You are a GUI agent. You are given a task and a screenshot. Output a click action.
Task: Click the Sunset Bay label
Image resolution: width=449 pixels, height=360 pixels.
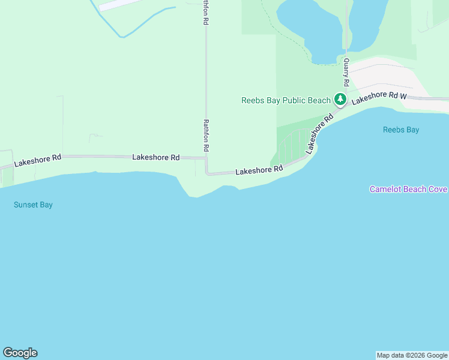33,205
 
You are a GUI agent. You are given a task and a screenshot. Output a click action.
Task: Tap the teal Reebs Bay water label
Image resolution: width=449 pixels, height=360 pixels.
401,130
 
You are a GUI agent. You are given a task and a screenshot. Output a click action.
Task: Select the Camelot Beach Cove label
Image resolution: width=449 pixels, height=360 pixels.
408,189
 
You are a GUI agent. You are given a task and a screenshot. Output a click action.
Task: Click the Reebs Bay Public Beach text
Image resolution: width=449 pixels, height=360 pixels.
286,100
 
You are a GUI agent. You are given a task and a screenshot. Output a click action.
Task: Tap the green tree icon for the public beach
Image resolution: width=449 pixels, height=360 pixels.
340,99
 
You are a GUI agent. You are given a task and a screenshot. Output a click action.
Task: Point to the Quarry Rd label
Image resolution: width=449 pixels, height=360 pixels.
346,71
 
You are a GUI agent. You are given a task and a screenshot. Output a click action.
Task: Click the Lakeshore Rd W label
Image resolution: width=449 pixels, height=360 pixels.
379,98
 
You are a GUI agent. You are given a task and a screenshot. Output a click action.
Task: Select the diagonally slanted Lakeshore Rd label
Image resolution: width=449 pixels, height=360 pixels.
319,134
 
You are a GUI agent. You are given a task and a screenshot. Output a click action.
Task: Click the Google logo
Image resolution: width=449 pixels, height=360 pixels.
20,353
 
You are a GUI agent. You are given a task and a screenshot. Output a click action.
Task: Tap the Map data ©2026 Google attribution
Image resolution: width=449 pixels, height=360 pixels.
412,355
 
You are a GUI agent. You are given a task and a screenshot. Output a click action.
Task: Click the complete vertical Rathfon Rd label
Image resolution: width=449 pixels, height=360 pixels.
206,134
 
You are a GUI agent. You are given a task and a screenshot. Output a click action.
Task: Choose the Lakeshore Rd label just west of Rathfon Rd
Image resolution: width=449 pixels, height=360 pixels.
155,157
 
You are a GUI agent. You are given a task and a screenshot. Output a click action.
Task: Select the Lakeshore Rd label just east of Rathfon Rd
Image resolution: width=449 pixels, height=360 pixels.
259,170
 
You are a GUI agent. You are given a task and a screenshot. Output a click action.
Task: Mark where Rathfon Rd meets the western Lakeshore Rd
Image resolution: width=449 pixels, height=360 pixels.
206,158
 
